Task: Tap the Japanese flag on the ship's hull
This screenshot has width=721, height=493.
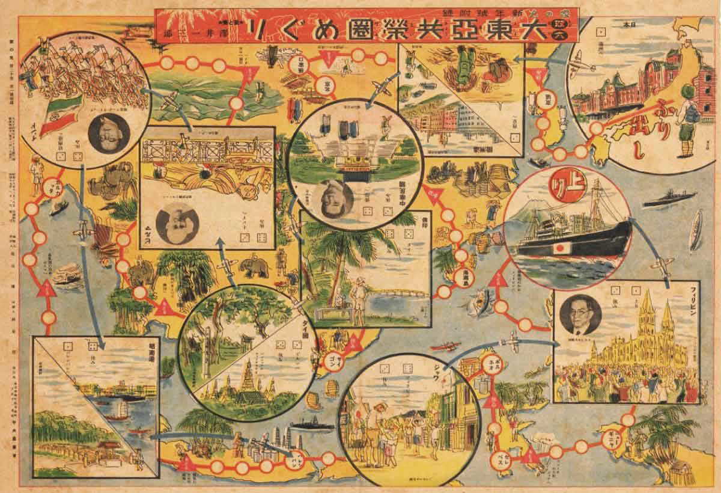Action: point(560,248)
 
